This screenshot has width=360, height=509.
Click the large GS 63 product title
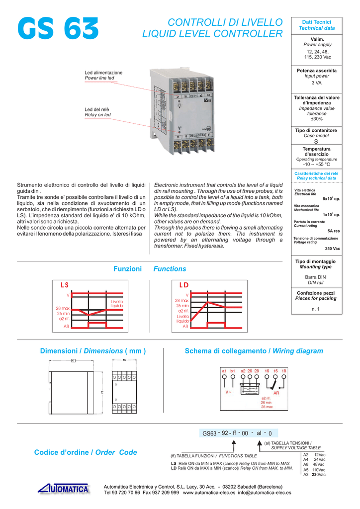coord(58,29)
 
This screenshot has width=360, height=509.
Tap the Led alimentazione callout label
coord(103,73)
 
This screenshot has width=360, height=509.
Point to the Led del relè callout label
coord(97,109)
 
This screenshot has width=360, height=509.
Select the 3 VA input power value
coord(317,83)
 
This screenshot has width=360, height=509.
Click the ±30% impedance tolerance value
coord(317,119)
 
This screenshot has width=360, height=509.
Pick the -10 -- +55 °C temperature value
coord(317,165)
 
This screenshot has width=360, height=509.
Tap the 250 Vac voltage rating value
coord(332,248)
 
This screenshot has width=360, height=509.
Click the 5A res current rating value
coord(333,231)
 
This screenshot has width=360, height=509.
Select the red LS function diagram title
coord(65,285)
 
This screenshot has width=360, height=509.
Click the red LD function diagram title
coord(184,285)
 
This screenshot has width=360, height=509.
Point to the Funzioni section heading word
coord(128,269)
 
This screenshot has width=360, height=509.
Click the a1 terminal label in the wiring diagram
coord(224,370)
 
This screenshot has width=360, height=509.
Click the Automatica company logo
coord(64,489)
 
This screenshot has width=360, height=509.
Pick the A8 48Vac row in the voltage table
coord(314,464)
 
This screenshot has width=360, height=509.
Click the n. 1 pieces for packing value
coord(317,309)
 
